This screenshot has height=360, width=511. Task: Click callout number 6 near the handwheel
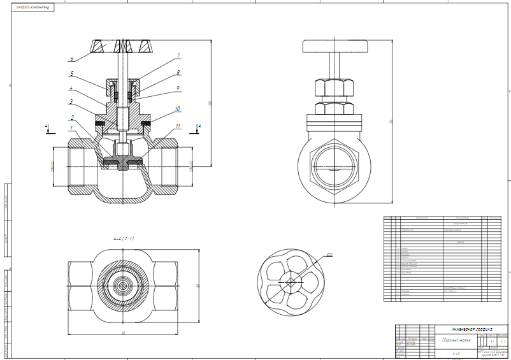(x=72, y=59)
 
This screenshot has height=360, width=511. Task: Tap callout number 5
(x=72, y=73)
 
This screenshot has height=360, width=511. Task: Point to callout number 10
(x=178, y=109)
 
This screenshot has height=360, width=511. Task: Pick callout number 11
(x=178, y=126)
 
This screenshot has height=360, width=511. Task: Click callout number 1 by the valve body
(x=72, y=128)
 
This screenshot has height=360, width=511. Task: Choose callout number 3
(x=72, y=101)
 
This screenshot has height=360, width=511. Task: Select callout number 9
(x=178, y=88)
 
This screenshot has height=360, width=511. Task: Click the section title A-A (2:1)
(x=124, y=238)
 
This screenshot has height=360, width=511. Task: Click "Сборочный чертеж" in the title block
(x=456, y=340)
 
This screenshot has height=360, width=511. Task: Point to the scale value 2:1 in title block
(x=503, y=341)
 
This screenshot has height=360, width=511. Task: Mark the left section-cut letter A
(x=46, y=127)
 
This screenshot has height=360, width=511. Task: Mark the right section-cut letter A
(x=199, y=127)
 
